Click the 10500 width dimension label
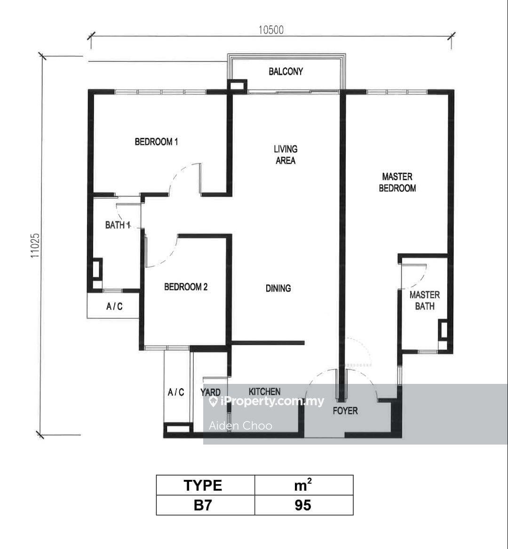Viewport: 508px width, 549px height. coord(271,30)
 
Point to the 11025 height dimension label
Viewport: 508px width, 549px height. coord(35,246)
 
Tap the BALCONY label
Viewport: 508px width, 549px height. coord(286,72)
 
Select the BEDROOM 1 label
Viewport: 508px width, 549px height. coord(156,142)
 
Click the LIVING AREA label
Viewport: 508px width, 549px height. coord(286,155)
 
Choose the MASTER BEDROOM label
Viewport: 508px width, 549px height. coord(397,183)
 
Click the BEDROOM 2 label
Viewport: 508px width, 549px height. coord(186,287)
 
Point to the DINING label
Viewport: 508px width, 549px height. coord(278,288)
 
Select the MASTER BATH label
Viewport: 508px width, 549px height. coord(425,301)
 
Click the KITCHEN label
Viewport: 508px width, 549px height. coord(264,391)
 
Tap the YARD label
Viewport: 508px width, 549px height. coord(210,392)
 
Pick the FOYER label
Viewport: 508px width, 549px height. coord(345,411)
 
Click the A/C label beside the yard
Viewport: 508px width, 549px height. coord(176,392)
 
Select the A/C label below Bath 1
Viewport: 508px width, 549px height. coord(114,307)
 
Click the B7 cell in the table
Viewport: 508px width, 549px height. coord(203,505)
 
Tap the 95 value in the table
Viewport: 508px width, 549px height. coord(303,505)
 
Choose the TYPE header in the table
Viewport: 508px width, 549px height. coord(203,485)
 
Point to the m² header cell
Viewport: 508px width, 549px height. coord(303,485)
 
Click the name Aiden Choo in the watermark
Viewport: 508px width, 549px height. coord(240,426)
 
